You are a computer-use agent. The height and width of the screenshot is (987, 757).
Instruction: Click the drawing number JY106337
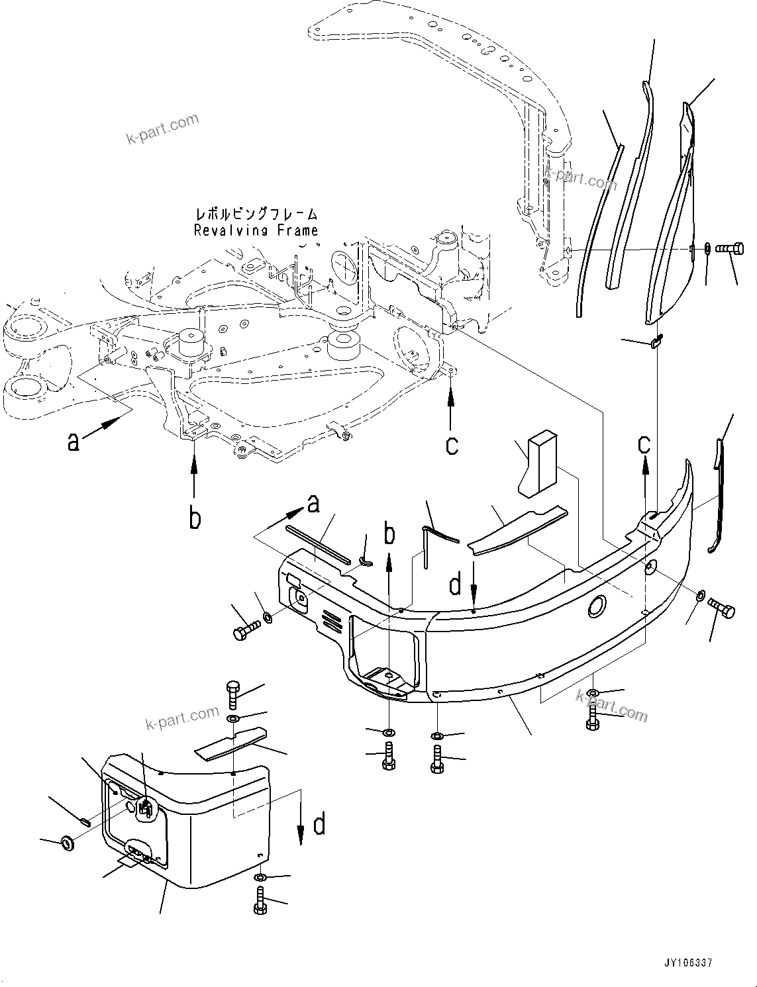point(686,963)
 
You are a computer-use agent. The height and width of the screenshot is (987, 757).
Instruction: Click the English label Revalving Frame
point(256,230)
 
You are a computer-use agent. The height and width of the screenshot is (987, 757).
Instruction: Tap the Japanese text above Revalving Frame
point(256,214)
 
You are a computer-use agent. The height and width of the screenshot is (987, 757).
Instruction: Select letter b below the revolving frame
point(194,518)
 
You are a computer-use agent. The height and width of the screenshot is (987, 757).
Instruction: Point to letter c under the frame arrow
point(452,444)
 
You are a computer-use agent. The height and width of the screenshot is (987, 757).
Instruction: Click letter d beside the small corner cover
point(319,825)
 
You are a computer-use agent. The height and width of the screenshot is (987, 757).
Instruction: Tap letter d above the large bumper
point(455,585)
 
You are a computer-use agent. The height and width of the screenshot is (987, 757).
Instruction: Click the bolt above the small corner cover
point(233,694)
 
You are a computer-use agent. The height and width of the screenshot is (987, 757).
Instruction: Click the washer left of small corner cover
point(67,843)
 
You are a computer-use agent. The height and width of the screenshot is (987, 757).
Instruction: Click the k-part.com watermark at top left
point(162,128)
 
